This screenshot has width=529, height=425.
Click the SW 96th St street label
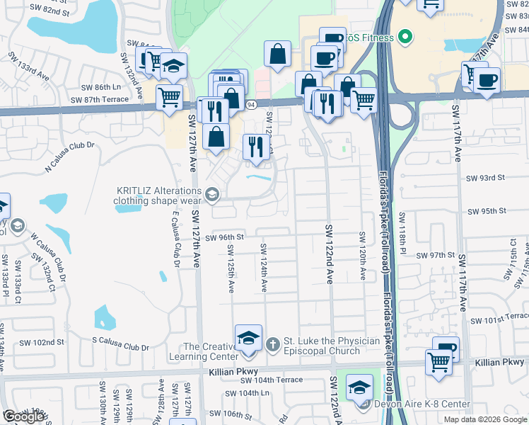225,238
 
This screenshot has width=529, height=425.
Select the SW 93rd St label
485,177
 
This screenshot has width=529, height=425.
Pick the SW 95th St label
486,211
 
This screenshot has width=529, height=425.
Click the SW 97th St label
434,255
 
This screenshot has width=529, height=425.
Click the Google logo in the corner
23,416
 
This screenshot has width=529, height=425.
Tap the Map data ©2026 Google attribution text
484,419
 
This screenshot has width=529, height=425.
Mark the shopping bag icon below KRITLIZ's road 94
216,136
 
